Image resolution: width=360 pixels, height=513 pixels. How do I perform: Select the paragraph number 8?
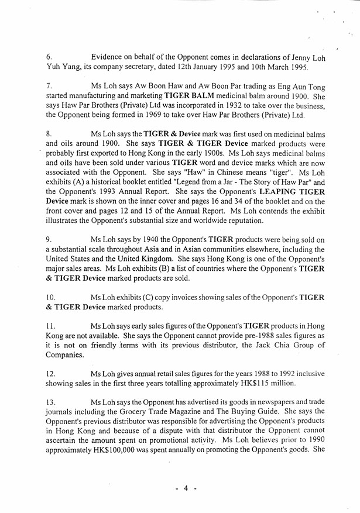[x=49, y=134]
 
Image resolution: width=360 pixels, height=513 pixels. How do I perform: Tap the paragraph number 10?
[x=51, y=297]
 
